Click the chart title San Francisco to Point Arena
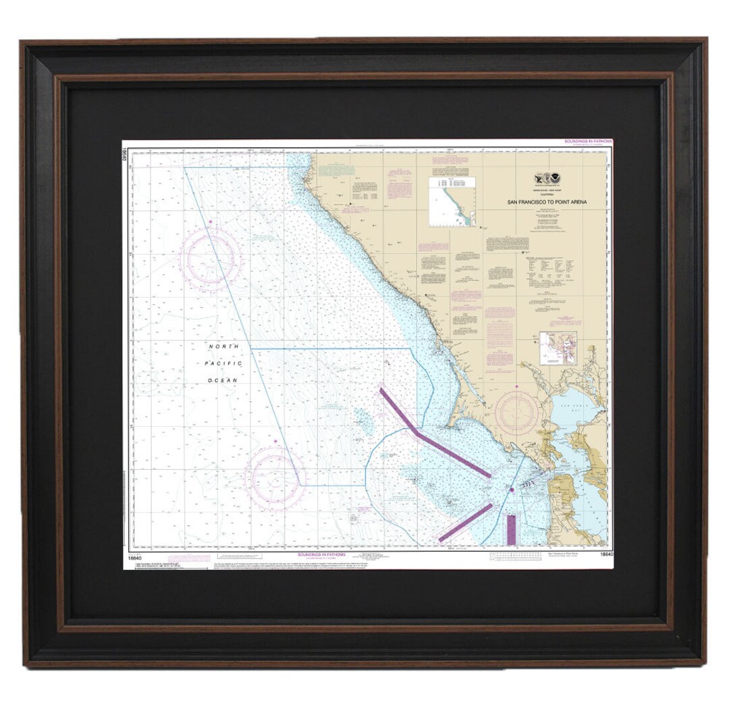547,201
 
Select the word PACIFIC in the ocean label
223,363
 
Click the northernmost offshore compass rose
211,258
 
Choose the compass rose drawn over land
516,413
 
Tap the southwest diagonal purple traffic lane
465,522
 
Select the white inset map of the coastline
452,202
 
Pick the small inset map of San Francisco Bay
558,348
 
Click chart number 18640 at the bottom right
604,554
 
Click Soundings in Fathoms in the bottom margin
321,554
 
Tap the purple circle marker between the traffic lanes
512,489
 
